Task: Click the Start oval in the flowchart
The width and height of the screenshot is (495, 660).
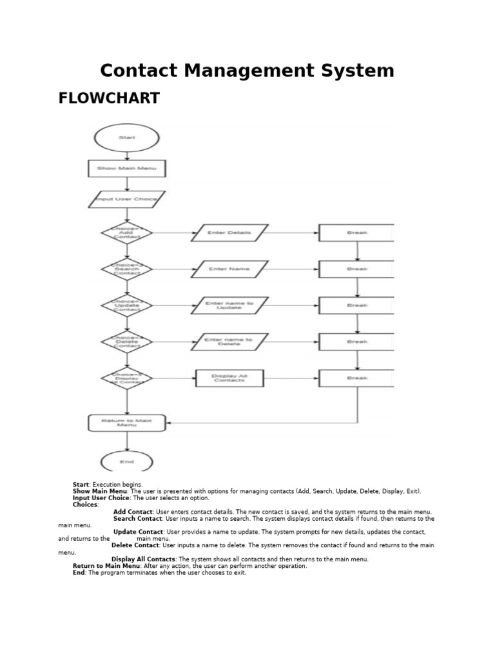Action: click(x=127, y=138)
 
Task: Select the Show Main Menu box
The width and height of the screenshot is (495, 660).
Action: click(x=127, y=169)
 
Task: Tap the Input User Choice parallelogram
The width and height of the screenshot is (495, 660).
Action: click(x=127, y=200)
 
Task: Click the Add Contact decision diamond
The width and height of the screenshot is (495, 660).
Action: click(x=127, y=233)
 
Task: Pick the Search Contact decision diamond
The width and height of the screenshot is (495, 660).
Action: click(x=127, y=269)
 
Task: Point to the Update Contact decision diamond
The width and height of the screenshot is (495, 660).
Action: click(x=127, y=305)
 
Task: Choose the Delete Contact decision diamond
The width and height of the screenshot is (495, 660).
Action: click(x=127, y=342)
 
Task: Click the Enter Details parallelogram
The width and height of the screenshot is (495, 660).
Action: click(x=229, y=233)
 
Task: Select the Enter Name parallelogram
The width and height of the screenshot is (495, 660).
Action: click(x=229, y=269)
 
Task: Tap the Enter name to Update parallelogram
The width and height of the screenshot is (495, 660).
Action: click(x=229, y=306)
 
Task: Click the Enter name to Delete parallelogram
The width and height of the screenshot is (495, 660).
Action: click(x=229, y=342)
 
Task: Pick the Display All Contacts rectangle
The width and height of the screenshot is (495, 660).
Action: click(x=229, y=378)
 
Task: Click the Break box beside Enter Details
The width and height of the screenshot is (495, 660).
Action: click(x=356, y=233)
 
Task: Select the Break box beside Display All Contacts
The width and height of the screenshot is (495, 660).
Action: click(x=356, y=378)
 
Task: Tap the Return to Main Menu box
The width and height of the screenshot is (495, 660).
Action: click(x=127, y=423)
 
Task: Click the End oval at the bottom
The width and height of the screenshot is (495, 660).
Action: click(x=127, y=461)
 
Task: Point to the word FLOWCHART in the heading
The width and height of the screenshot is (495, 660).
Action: click(x=109, y=98)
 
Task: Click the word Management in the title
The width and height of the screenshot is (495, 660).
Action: click(x=247, y=70)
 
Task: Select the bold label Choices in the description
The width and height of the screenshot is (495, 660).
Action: click(x=86, y=505)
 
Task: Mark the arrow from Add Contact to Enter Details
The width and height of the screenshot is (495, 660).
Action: click(x=172, y=233)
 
